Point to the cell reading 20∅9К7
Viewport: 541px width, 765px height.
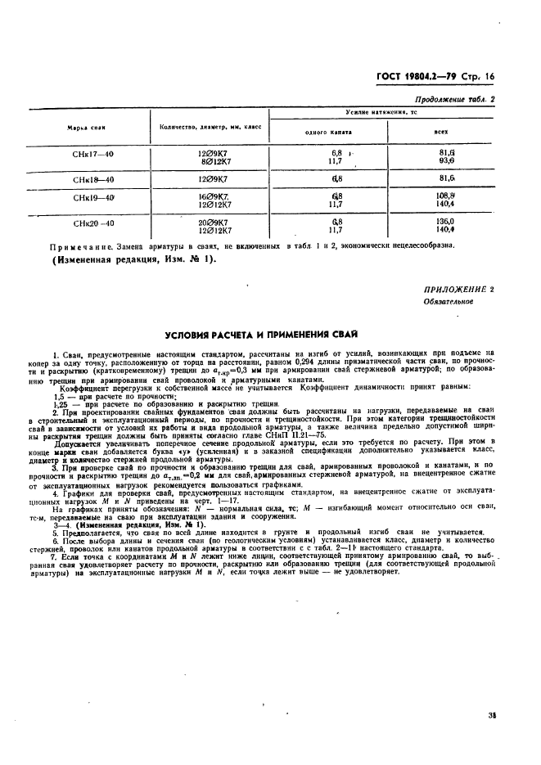[x=211, y=222]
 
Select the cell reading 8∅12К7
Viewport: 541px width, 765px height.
[x=211, y=161]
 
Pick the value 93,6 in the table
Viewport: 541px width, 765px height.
[x=470, y=161]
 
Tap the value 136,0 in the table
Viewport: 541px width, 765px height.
[x=470, y=222]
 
